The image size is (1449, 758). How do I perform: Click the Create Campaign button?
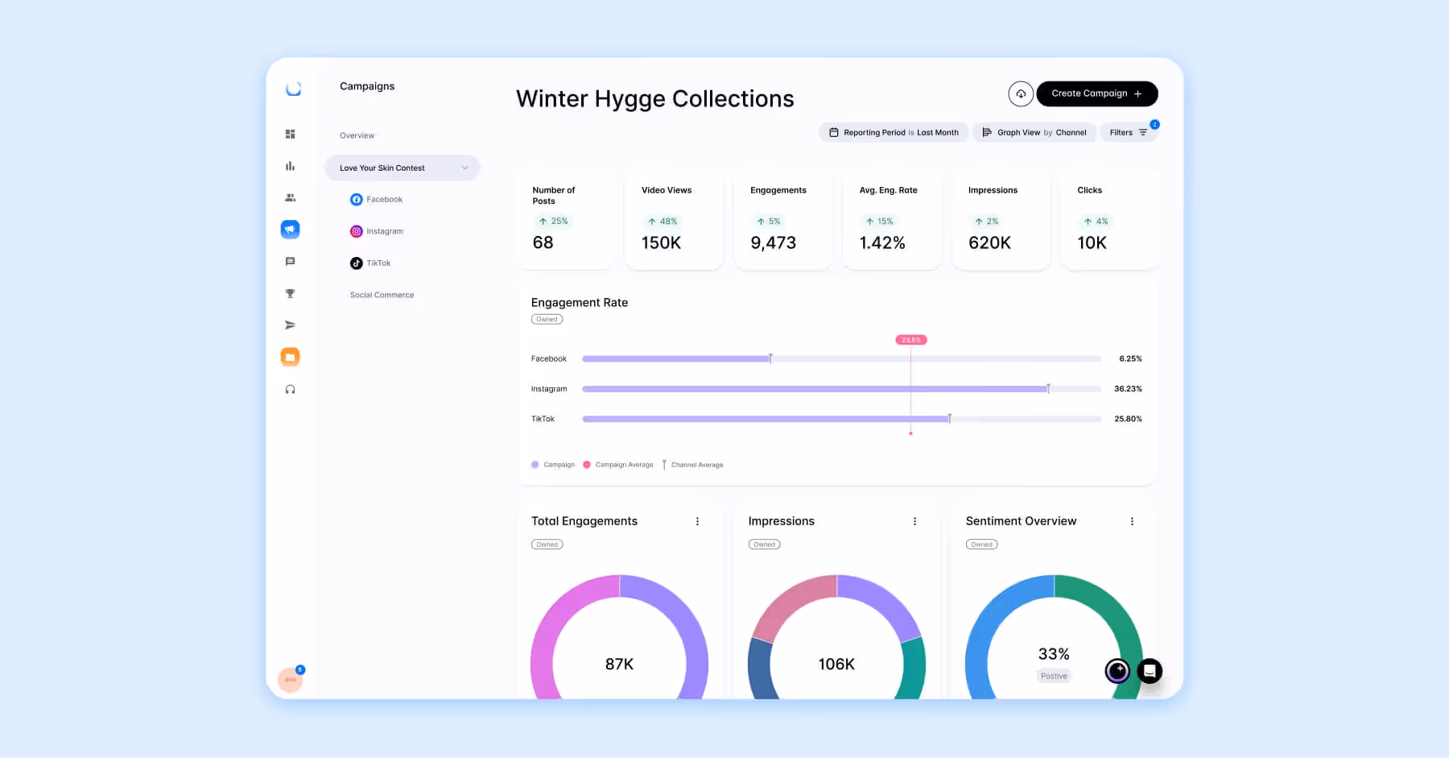point(1096,93)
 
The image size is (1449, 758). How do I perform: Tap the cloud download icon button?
point(1021,94)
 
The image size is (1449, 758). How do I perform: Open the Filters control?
point(1128,133)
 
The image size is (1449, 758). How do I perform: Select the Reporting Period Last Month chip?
point(894,133)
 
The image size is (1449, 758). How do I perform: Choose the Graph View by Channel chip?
point(1034,133)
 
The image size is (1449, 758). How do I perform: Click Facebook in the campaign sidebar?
point(384,200)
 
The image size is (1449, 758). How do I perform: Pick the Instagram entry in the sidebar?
point(384,231)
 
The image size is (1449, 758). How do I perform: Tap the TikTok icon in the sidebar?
point(357,263)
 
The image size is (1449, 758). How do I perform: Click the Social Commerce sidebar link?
point(382,296)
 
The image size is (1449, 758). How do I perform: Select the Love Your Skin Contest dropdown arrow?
point(464,168)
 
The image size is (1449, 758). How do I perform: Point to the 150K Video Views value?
point(661,243)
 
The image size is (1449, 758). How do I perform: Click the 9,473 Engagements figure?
point(773,243)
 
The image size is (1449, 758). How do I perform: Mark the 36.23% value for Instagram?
point(1128,389)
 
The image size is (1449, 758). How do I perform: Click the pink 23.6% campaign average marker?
point(911,340)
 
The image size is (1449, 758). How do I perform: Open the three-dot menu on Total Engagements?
point(697,522)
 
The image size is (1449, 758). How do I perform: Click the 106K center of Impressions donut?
point(836,665)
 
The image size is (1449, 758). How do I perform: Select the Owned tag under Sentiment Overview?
point(981,545)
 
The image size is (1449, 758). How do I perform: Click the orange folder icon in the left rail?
point(290,357)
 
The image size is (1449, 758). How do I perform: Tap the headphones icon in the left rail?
point(290,390)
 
